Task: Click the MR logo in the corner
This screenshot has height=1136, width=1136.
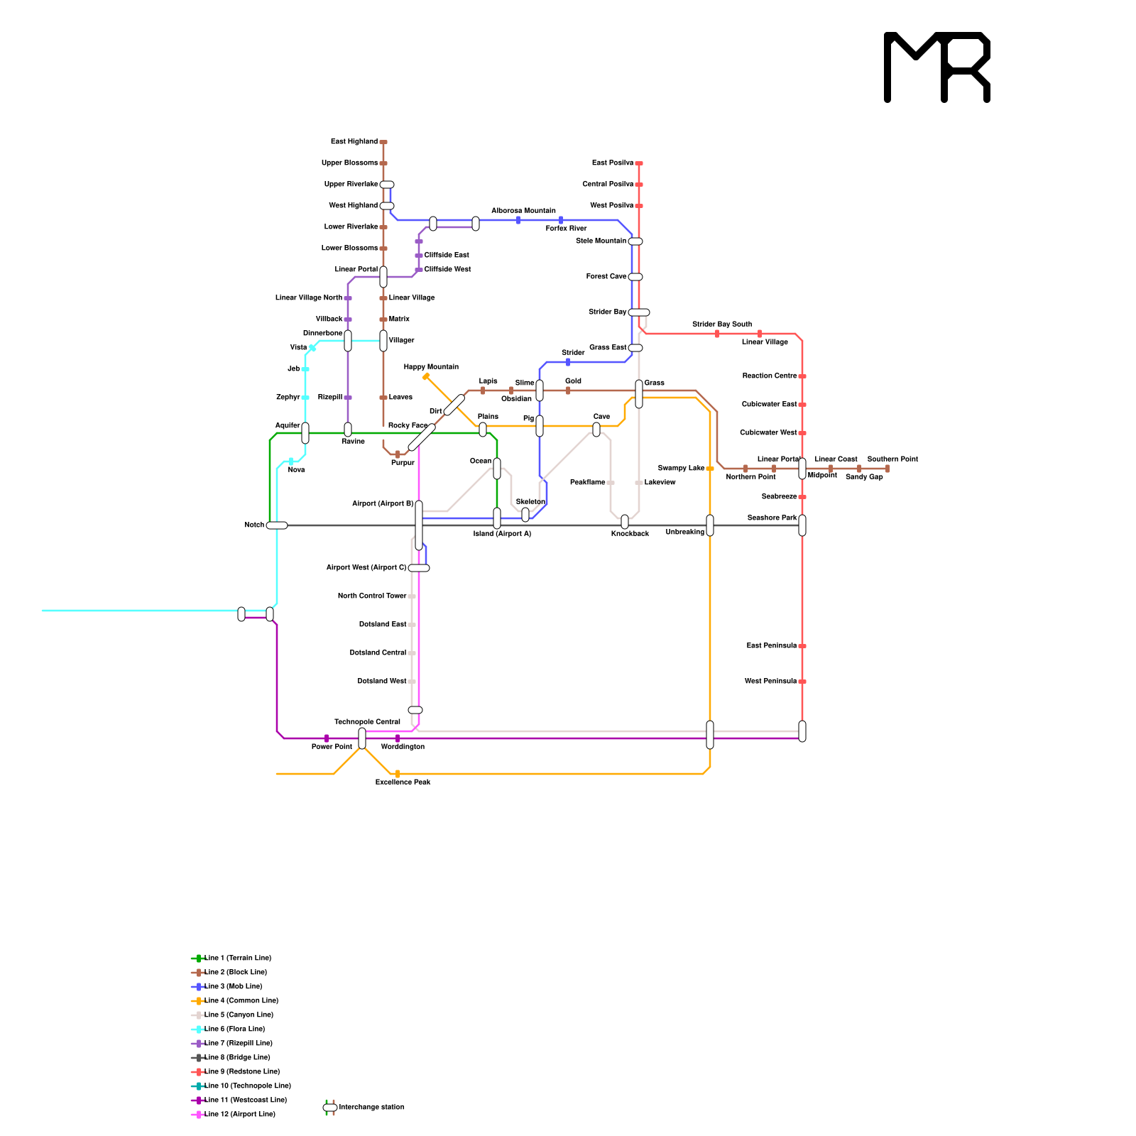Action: [x=937, y=67]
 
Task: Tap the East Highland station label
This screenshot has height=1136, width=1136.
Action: [x=354, y=142]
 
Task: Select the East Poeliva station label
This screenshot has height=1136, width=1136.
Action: [x=613, y=163]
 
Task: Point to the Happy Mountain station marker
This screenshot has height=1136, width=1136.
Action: [x=426, y=376]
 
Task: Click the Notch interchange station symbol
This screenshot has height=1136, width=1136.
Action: [x=277, y=525]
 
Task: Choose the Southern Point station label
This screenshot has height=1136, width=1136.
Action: [x=892, y=459]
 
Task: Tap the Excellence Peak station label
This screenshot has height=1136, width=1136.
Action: [x=403, y=782]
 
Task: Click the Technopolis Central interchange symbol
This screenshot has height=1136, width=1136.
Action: [x=362, y=738]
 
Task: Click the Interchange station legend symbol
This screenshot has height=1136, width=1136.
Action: [x=330, y=1108]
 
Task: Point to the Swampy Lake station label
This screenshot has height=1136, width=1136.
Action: [x=681, y=469]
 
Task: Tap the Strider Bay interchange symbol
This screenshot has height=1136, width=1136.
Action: [x=639, y=312]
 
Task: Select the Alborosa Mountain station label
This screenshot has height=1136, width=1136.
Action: [x=523, y=211]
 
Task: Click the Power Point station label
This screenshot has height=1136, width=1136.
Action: [x=332, y=747]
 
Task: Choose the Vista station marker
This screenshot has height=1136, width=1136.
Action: [x=312, y=348]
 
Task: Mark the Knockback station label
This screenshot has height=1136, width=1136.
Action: [x=630, y=534]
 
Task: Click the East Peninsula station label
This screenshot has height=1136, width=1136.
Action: [x=772, y=646]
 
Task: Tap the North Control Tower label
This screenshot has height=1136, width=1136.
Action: [x=372, y=596]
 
